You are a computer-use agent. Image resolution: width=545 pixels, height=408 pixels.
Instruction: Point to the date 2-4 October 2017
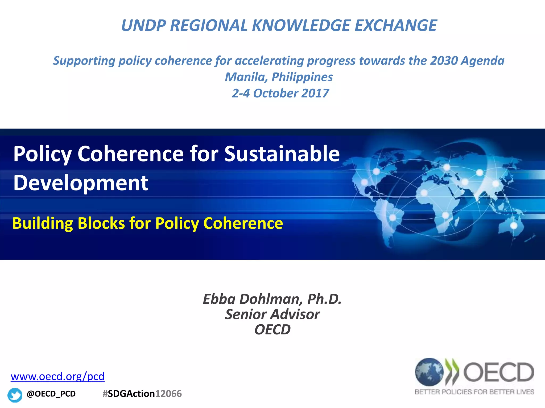[280, 93]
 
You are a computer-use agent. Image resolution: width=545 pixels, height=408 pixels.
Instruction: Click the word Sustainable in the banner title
[282, 154]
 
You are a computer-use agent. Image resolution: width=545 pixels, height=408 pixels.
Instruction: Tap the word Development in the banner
[81, 183]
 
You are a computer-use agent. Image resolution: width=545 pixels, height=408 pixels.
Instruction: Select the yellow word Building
[43, 223]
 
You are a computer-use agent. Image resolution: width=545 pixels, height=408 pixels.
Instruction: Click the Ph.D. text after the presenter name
[324, 299]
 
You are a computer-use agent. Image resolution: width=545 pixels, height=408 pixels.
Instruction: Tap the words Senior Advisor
[272, 314]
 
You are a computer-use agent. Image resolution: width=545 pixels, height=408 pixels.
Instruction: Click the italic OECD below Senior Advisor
[272, 330]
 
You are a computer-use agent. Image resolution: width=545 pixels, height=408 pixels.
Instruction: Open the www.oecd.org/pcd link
[57, 376]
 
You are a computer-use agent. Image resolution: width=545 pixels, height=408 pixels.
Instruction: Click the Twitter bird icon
[15, 395]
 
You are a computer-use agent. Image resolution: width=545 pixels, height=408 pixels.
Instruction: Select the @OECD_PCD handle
[51, 394]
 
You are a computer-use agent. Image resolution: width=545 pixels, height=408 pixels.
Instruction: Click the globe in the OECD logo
[429, 372]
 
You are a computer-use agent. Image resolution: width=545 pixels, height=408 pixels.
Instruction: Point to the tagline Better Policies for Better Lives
[474, 392]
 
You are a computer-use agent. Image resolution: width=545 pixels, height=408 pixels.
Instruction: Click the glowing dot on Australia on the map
[514, 226]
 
